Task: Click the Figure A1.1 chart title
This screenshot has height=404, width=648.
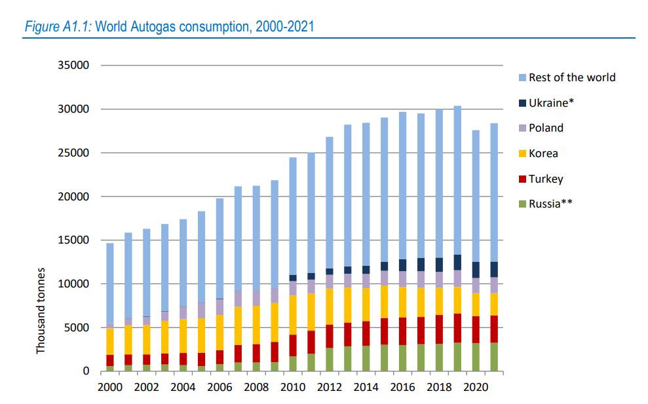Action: (x=168, y=27)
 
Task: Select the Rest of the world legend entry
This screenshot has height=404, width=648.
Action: (x=571, y=77)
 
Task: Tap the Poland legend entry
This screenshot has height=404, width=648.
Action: (x=546, y=128)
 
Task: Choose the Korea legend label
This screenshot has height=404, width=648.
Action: (x=543, y=154)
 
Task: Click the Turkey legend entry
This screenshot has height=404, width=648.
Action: (x=545, y=179)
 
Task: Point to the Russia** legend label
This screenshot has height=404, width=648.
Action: (x=550, y=204)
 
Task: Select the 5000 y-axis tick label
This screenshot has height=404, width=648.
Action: (x=77, y=327)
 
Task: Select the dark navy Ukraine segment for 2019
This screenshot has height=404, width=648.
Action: (x=457, y=263)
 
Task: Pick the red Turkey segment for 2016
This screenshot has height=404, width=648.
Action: (x=402, y=331)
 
